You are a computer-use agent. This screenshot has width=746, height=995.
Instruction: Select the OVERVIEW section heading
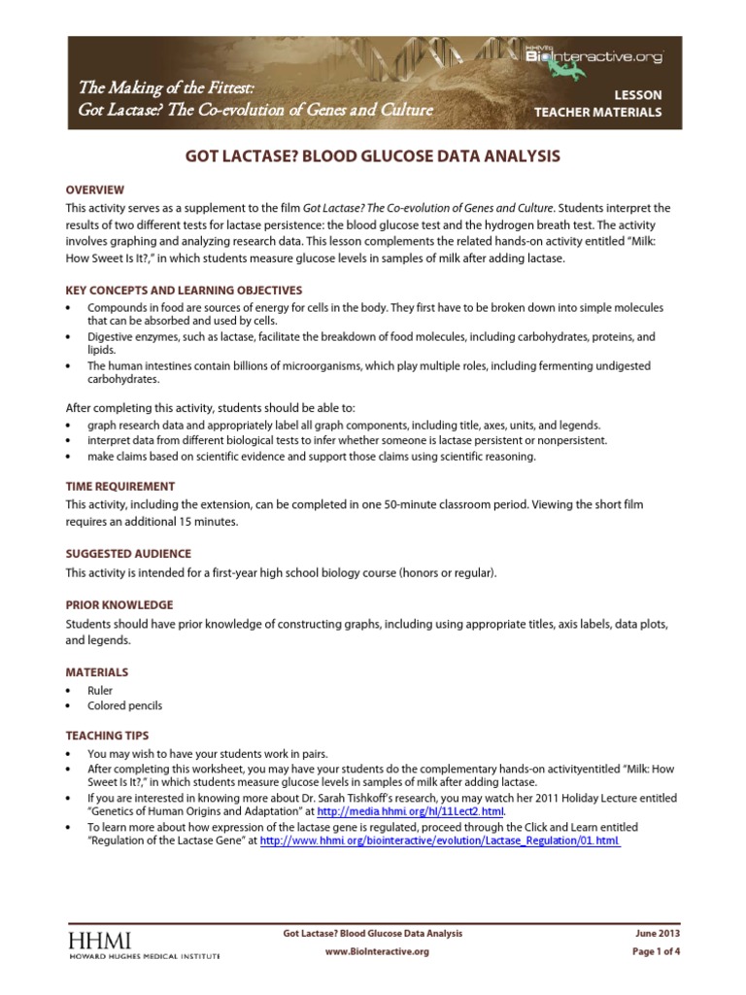pyautogui.click(x=94, y=189)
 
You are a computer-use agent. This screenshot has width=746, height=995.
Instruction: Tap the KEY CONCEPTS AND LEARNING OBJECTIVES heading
pyautogui.click(x=184, y=290)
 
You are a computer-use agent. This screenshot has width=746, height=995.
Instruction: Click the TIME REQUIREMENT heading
pyautogui.click(x=120, y=486)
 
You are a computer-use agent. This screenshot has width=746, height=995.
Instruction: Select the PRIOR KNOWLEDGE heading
pyautogui.click(x=119, y=604)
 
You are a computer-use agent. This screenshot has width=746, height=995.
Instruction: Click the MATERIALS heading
pyautogui.click(x=96, y=671)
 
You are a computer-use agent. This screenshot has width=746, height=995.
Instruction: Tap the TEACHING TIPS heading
pyautogui.click(x=107, y=736)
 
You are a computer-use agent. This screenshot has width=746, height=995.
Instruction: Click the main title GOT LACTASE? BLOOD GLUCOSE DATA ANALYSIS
pyautogui.click(x=373, y=155)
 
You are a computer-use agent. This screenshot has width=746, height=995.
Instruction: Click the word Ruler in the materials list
pyautogui.click(x=100, y=691)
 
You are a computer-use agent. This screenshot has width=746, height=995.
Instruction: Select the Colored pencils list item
pyautogui.click(x=124, y=706)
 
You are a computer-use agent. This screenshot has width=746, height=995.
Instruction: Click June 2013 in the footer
pyautogui.click(x=657, y=933)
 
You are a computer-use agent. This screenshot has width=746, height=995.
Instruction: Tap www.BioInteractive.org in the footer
pyautogui.click(x=376, y=952)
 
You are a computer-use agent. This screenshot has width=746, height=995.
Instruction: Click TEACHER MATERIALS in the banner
pyautogui.click(x=598, y=113)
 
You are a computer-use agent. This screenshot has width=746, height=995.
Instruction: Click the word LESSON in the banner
pyautogui.click(x=638, y=95)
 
